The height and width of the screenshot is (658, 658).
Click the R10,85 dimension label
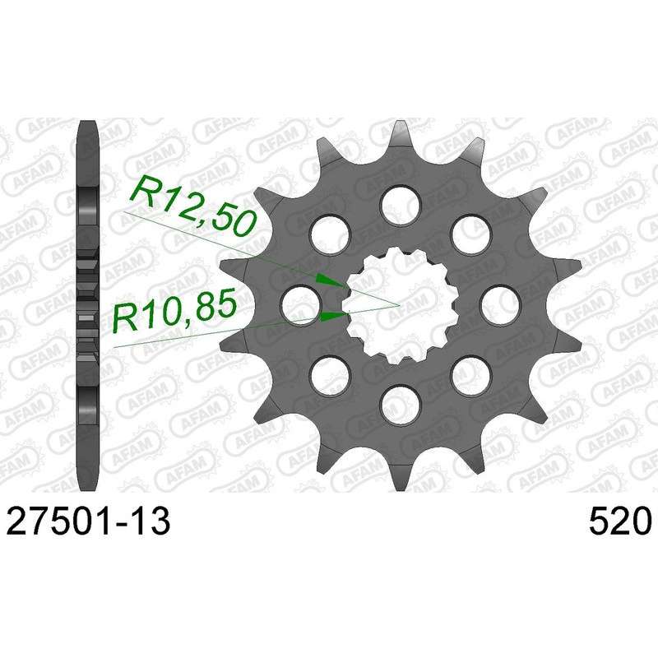[x=174, y=311]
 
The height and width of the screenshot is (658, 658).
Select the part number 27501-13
[x=89, y=521]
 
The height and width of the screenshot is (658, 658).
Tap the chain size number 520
[x=619, y=521]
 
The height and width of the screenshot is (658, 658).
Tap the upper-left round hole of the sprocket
[x=331, y=234]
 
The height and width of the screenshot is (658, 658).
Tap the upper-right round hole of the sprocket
[x=470, y=234]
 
